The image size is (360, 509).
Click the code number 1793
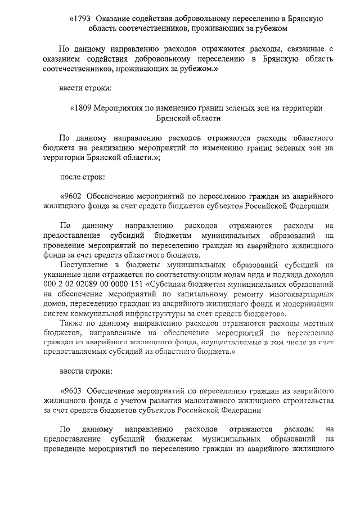[x=81, y=18]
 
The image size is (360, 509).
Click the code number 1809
[x=81, y=108]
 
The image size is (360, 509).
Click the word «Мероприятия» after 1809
[x=120, y=108]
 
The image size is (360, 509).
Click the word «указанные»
[x=63, y=274]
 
